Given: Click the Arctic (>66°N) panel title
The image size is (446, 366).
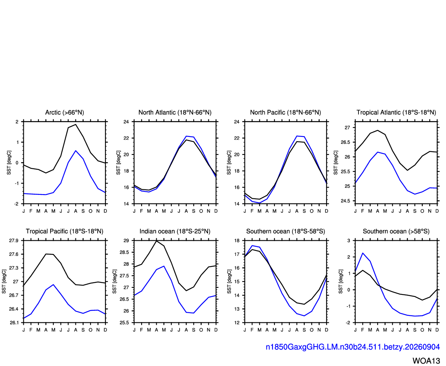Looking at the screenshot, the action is (65, 112).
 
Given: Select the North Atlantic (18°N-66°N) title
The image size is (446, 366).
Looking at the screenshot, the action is (175, 112).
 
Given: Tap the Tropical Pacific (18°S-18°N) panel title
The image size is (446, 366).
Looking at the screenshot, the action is (65, 231).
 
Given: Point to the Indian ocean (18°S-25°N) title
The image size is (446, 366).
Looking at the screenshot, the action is (175, 231).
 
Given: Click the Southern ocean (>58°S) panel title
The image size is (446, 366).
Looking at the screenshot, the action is (396, 231).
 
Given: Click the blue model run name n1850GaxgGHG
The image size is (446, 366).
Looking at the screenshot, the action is (353, 347).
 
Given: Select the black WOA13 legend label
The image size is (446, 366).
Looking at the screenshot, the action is (426, 361).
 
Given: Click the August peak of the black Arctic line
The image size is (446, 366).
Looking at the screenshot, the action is (76, 124).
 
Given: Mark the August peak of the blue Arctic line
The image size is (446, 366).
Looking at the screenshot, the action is (76, 151).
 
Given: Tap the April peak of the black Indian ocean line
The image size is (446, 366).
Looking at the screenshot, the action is (156, 241).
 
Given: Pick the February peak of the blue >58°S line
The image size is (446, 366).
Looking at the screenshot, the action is (363, 253).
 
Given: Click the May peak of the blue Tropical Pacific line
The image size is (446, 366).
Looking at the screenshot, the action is (53, 285).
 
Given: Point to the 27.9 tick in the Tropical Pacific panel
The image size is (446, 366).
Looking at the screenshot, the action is (14, 241).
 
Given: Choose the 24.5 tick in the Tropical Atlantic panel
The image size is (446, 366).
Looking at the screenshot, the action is (345, 201).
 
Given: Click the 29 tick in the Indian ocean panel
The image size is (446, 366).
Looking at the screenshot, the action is (126, 241).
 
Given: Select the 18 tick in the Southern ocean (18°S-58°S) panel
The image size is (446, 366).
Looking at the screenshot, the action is (237, 241).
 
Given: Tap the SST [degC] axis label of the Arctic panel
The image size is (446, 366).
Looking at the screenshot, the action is (9, 163).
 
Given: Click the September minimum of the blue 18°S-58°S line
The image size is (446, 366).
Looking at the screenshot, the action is (304, 315).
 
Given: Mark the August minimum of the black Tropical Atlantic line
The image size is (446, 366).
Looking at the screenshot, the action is (408, 170).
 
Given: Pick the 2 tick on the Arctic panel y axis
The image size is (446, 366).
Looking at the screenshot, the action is (17, 122).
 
